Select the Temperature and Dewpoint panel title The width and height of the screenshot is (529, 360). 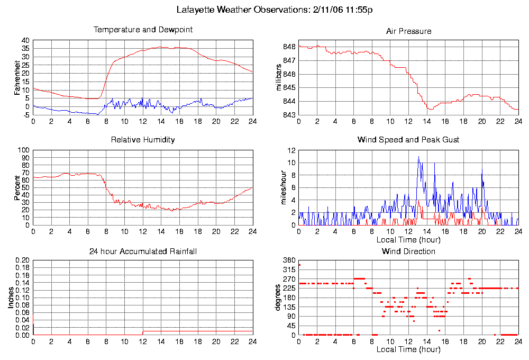tap(143, 30)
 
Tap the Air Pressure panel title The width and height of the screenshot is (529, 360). tap(408, 31)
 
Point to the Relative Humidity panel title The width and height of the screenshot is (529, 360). tap(143, 140)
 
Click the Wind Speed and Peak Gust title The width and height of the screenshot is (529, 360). tap(408, 140)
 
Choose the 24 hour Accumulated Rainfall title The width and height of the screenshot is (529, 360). tap(143, 251)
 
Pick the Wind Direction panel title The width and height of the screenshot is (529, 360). tap(408, 251)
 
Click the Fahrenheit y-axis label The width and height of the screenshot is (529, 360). tap(17, 77)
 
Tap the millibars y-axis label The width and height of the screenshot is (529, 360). tap(280, 77)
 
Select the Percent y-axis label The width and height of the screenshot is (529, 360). tap(17, 188)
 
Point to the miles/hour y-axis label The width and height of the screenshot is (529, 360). tap(280, 188)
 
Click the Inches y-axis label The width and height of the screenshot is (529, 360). tap(11, 298)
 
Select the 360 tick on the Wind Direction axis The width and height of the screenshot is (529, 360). tap(289, 260)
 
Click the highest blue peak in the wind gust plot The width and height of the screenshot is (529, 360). tap(418, 157)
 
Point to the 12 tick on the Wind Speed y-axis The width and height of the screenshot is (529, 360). tap(290, 150)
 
